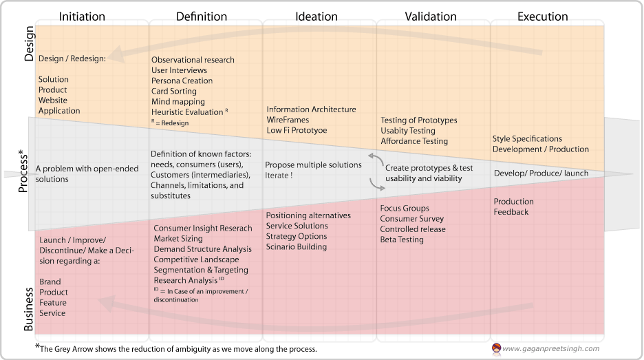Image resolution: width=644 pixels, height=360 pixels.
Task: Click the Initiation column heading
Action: coord(83,17)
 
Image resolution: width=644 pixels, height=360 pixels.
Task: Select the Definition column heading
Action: coord(202,17)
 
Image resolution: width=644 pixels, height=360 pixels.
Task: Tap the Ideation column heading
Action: coord(316,17)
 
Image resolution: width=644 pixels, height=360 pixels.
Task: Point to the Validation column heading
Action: coord(431,17)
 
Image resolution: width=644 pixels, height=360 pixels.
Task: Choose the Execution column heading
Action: coord(543,17)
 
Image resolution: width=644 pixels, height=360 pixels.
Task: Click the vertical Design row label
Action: coord(28,43)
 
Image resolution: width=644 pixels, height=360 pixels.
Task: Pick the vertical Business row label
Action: coord(28,308)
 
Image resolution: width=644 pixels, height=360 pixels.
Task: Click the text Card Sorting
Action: coord(173,91)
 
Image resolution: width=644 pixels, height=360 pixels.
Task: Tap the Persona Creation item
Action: coord(182,81)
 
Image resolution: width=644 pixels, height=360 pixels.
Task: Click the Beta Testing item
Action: coord(402,240)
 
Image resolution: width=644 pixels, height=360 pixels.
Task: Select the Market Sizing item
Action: coord(178,238)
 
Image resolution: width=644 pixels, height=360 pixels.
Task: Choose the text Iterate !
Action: coord(279,176)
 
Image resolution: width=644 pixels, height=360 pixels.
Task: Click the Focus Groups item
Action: coord(405,208)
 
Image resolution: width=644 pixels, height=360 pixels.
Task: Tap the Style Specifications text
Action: coord(527,138)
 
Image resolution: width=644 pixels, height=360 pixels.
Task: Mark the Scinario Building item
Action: coord(297,246)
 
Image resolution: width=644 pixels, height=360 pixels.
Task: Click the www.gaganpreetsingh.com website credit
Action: coord(551,348)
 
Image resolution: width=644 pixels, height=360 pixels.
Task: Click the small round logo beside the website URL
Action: coord(496,348)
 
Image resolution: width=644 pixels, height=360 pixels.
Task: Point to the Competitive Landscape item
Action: coord(196,260)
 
